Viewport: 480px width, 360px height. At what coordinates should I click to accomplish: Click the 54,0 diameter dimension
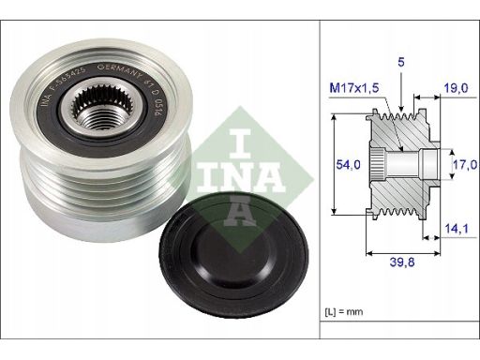click(348, 164)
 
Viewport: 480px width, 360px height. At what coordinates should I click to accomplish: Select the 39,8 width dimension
click(402, 262)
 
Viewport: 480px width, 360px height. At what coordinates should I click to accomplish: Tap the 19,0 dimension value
click(456, 88)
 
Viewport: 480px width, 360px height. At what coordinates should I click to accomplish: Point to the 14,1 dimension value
click(457, 229)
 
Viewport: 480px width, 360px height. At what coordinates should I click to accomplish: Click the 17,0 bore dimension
click(465, 164)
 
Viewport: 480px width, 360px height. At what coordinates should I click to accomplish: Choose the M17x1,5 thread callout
click(354, 88)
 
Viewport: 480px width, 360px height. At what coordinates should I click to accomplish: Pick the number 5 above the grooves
click(401, 62)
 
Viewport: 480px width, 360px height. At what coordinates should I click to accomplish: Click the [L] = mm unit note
click(344, 311)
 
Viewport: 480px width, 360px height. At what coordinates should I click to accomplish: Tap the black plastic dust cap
click(233, 255)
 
